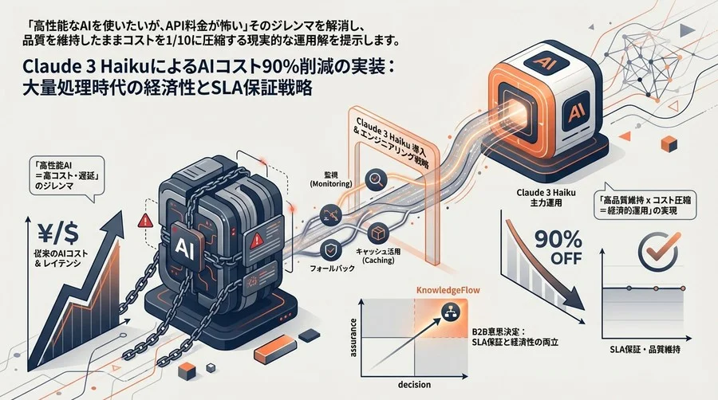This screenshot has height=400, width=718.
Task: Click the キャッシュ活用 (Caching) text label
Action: pos(385,255)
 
